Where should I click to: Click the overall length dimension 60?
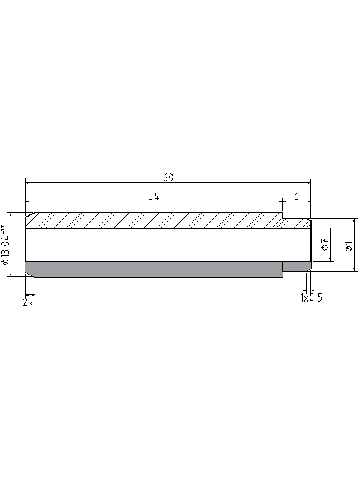pos(168,177)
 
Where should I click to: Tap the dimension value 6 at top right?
pos(296,196)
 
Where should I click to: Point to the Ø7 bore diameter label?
pos(323,244)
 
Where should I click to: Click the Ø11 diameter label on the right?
pos(347,244)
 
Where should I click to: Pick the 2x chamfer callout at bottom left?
pos(29,301)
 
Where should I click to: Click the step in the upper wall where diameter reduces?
pos(282,217)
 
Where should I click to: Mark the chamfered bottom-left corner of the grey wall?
pos(29,273)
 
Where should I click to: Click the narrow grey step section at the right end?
pos(296,266)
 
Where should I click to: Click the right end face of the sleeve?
pos(310,244)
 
